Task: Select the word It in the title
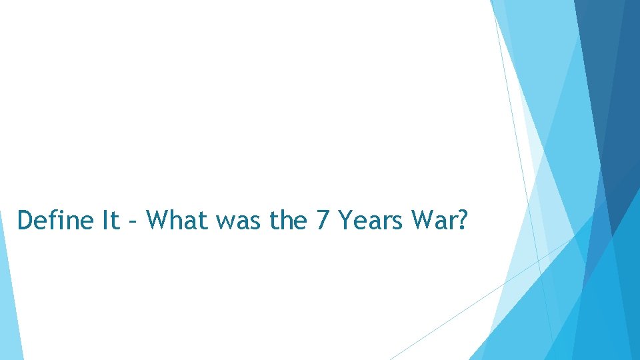pyautogui.click(x=111, y=220)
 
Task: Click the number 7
pyautogui.click(x=322, y=220)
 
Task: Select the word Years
pyautogui.click(x=373, y=220)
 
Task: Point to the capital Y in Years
pyautogui.click(x=345, y=220)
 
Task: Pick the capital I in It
pyautogui.click(x=105, y=220)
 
